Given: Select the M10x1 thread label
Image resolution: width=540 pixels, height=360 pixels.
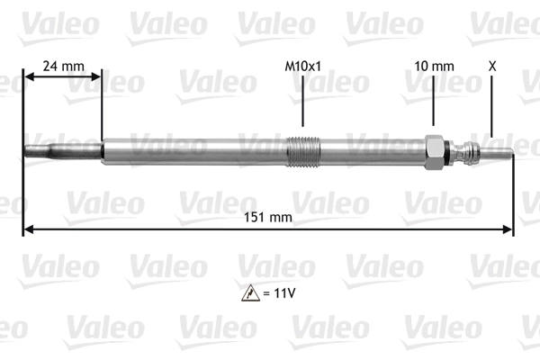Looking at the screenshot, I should [302, 66].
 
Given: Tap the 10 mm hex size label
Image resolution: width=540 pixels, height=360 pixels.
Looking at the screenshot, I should [434, 66].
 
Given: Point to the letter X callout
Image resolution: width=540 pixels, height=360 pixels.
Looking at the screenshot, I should [491, 66].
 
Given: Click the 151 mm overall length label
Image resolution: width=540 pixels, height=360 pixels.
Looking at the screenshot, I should [268, 217].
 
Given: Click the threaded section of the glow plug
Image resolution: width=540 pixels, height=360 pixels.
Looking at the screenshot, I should [303, 149].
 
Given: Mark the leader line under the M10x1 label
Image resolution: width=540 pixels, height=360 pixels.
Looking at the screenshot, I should [302, 103].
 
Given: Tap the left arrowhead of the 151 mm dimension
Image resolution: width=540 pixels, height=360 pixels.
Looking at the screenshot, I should [27, 229].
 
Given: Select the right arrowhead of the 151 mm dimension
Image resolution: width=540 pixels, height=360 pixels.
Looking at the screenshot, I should [508, 229].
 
